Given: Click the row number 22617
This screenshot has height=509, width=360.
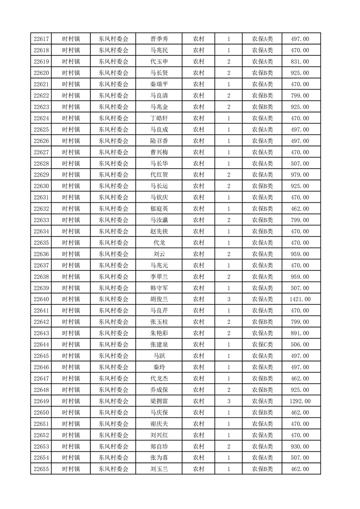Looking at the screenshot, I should point(41,39).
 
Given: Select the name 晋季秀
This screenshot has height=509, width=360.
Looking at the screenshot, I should point(159,39).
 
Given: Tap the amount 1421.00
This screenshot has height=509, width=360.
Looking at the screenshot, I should point(300,299).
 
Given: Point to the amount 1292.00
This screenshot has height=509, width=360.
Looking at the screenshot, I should point(300,401).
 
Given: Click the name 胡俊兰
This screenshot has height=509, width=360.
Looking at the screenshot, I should point(159,299).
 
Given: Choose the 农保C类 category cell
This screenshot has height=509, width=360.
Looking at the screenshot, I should point(262,345).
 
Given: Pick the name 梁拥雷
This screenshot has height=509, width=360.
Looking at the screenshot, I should point(159,401).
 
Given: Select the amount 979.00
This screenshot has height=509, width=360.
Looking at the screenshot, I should point(300,175).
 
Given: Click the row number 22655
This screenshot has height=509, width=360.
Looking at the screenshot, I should point(41,469).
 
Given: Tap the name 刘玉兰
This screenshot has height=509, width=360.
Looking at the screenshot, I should point(159,469).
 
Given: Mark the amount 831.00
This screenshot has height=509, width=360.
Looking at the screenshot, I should point(300,62).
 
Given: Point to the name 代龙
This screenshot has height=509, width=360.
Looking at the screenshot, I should point(159,243).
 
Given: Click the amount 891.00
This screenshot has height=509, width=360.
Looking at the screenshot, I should point(300,333).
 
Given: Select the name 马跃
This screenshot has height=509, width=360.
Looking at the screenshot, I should point(159,356).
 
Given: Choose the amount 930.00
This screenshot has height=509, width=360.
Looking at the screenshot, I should point(300,446).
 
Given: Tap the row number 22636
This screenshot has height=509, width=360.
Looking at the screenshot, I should point(41,254).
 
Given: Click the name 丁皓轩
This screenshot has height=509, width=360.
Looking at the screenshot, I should point(159,118).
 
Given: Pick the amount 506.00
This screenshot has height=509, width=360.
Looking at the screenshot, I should point(300,345).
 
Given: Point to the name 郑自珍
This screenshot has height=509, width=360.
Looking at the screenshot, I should point(159,446).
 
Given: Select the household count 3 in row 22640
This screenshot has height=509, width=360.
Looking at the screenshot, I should point(228,299).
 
